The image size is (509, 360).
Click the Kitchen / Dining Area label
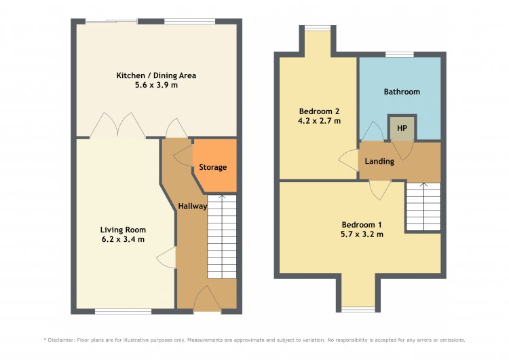point(156,75)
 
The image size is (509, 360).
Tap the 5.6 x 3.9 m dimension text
point(156,85)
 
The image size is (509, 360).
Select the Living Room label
point(123,230)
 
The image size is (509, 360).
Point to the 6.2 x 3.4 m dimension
point(123,240)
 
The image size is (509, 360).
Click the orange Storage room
point(214,165)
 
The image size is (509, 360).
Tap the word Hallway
point(193,206)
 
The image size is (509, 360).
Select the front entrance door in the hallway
point(207,298)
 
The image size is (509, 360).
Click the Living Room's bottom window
point(123,312)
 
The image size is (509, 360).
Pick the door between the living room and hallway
point(166,257)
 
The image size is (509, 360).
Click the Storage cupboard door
point(183,156)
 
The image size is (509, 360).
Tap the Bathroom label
point(402,92)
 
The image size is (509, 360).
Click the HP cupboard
point(402,128)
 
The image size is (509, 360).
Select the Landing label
point(379,161)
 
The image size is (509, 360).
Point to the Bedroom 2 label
point(319,111)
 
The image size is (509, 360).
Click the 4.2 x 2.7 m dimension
point(319,121)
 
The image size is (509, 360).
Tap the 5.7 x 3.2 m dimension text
point(362,234)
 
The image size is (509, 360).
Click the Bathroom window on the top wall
point(400,54)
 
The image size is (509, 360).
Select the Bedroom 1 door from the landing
point(380,190)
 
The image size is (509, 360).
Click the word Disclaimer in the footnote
point(61,340)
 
